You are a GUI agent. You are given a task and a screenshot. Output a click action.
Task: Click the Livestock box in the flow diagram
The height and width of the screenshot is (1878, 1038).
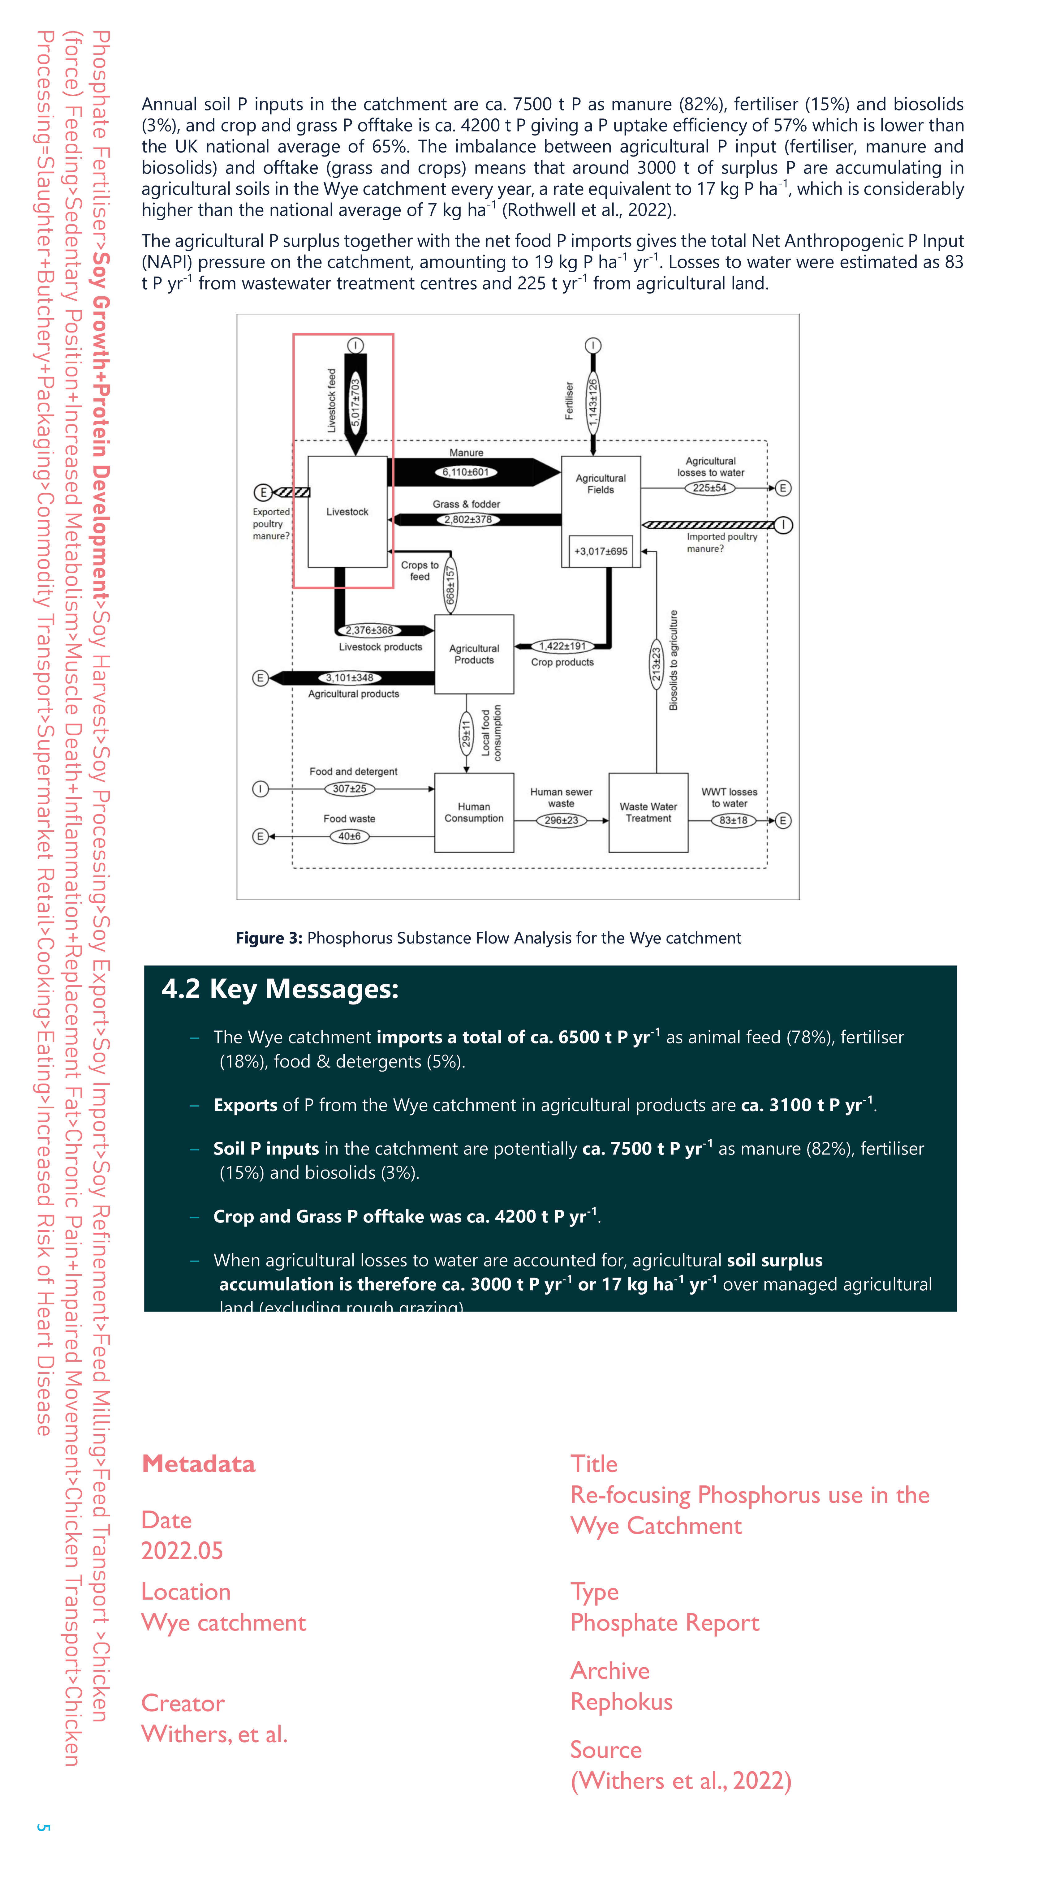click(347, 512)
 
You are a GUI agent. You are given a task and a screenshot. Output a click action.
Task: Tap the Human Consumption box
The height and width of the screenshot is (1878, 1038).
click(474, 812)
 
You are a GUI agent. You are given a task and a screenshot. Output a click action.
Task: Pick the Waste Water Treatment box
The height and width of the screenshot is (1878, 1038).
click(648, 812)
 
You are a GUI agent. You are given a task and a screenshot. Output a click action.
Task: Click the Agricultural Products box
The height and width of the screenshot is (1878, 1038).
click(474, 654)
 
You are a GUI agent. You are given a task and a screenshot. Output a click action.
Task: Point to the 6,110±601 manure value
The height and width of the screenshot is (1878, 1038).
click(466, 472)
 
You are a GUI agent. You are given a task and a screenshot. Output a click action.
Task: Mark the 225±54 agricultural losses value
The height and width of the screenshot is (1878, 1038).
click(709, 488)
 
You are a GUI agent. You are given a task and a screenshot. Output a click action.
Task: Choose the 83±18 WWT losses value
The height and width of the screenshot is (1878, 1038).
click(733, 820)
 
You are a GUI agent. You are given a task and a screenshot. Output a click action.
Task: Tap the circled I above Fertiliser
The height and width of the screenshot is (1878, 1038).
click(593, 345)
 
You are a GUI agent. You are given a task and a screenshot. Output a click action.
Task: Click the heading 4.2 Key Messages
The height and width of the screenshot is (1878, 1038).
click(280, 989)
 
